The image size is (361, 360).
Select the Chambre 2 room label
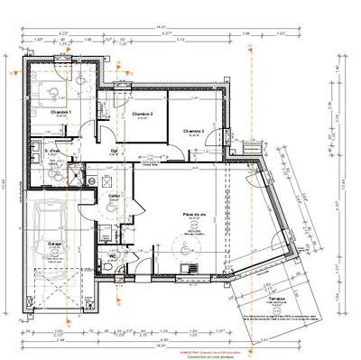pyautogui.click(x=142, y=114)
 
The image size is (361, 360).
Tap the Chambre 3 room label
pyautogui.click(x=194, y=132)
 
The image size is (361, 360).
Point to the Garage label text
pyautogui.click(x=42, y=243)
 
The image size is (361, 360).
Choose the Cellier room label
pyautogui.click(x=115, y=195)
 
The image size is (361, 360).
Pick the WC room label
pyautogui.click(x=114, y=255)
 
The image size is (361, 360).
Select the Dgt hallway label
pyautogui.click(x=114, y=150)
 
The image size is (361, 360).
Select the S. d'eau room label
pyautogui.click(x=52, y=151)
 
